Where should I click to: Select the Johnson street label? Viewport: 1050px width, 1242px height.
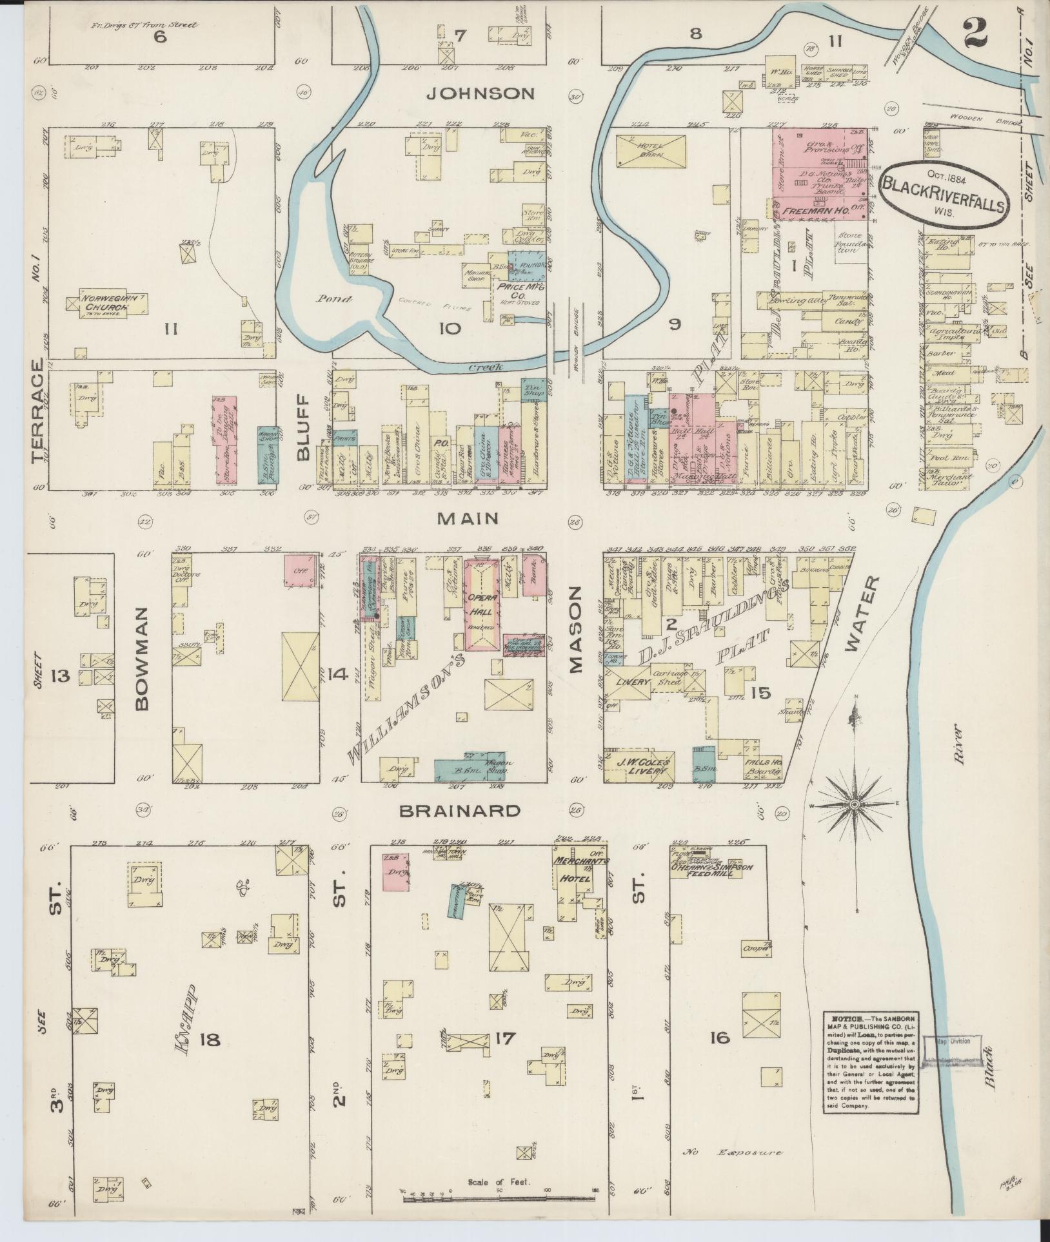point(481,94)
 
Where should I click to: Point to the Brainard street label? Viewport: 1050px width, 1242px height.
point(459,811)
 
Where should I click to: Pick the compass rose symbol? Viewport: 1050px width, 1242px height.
point(855,805)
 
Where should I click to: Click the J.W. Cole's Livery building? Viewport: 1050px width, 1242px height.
point(640,768)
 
